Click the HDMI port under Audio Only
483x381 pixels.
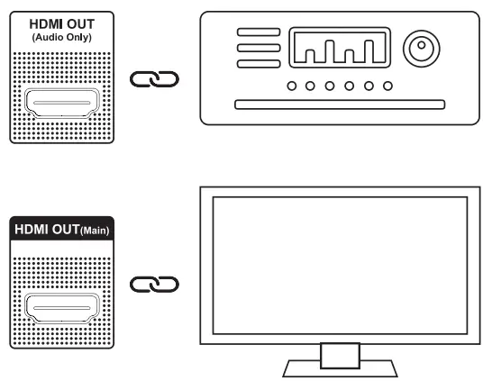(62, 104)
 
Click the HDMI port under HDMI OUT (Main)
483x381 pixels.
(62, 308)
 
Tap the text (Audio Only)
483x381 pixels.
(62, 37)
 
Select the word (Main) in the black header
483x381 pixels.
(95, 231)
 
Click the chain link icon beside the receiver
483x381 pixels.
(154, 79)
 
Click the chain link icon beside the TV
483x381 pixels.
(154, 285)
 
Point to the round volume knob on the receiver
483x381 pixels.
(422, 49)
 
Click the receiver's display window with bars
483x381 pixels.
(340, 48)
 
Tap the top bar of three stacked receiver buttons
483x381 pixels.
(259, 32)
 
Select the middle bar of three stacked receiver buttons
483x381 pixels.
(259, 48)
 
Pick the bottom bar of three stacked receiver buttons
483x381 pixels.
(259, 64)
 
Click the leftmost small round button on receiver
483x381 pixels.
(292, 86)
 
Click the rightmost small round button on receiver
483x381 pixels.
(387, 86)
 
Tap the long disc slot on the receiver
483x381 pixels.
(340, 104)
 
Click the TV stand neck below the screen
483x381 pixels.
(340, 356)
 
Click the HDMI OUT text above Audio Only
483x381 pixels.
(62, 24)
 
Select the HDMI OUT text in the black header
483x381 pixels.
(47, 230)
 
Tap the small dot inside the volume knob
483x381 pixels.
(422, 45)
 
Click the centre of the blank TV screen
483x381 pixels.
(340, 266)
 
